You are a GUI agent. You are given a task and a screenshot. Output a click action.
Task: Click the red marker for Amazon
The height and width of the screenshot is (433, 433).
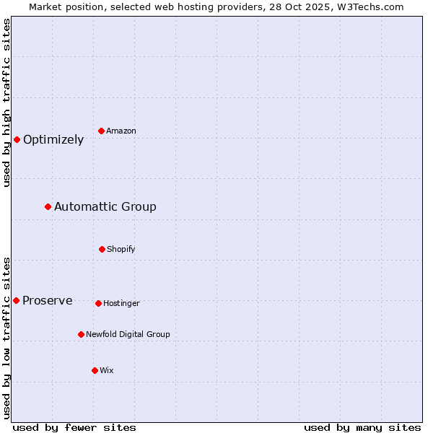point(102,131)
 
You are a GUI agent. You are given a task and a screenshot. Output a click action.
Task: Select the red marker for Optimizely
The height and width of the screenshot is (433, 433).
point(17,139)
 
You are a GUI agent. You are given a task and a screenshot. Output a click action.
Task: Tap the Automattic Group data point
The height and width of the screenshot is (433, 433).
point(48,207)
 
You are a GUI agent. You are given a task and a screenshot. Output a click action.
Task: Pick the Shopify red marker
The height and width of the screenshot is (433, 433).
point(102,249)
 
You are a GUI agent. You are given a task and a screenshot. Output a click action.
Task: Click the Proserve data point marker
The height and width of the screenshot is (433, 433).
point(16,300)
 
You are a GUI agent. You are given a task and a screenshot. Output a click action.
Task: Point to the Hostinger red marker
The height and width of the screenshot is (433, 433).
point(98,303)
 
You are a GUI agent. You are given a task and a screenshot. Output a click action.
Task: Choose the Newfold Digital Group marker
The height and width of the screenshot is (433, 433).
point(81,334)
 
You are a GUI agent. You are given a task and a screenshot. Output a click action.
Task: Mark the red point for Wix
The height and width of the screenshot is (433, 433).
point(95,370)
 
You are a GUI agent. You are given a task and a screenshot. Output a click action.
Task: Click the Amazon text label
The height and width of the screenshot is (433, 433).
point(121,131)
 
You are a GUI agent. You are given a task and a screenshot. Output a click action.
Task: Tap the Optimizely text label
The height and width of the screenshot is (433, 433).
point(53,140)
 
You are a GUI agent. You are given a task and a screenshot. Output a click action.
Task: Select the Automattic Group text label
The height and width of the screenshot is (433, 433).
point(105,207)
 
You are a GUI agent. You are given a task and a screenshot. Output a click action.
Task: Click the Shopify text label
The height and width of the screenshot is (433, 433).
point(121,250)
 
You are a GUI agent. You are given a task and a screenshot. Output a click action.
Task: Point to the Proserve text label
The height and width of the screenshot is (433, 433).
point(48,301)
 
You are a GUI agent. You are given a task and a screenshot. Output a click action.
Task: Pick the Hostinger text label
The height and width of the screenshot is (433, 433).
point(121,304)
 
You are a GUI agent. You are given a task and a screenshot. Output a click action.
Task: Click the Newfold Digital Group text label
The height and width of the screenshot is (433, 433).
point(128,335)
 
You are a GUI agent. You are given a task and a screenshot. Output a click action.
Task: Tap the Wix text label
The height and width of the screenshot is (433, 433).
point(107,371)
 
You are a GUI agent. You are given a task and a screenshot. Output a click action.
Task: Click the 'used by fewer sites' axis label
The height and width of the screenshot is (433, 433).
point(74,427)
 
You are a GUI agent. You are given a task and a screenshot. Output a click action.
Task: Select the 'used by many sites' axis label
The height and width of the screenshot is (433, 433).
point(362,427)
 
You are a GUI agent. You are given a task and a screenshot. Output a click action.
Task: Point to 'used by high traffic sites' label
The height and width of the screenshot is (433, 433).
point(6,102)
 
